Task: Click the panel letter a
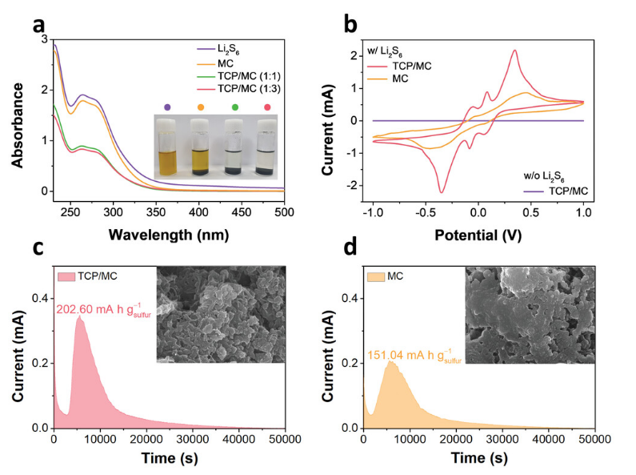coord(38,23)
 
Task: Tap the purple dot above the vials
coord(166,107)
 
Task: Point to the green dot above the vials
coord(234,107)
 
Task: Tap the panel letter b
coord(350,24)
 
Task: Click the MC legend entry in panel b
coord(403,78)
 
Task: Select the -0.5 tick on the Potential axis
coord(424,214)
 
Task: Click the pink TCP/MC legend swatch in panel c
coord(66,276)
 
